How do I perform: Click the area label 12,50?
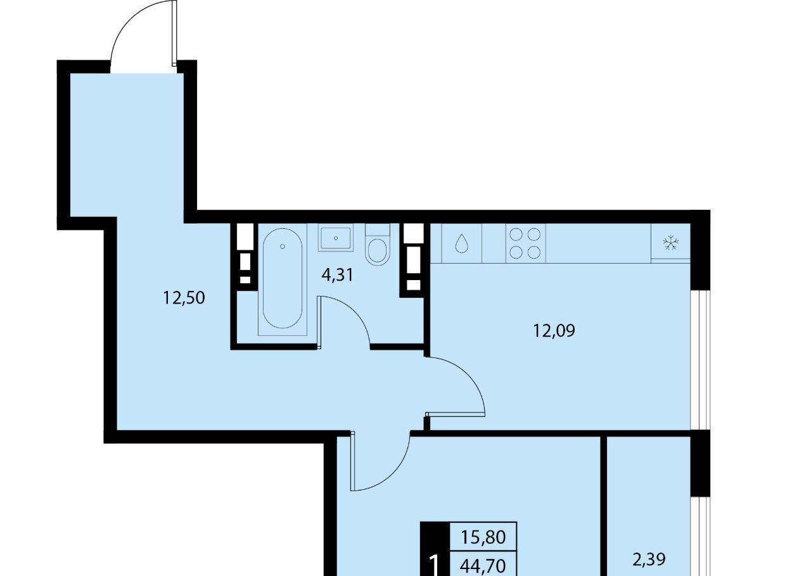coord(184,298)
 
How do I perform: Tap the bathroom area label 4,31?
coord(337,276)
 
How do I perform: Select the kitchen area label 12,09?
coord(554,331)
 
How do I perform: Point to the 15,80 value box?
coord(483,537)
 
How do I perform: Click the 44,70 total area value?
coord(483,565)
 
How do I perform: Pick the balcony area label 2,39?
coord(649,560)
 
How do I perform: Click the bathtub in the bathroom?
coord(283,279)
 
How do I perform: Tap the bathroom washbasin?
coord(336,238)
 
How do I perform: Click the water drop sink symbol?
coord(461,243)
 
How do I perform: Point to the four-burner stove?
coord(525,243)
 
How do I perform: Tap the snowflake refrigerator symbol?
coord(670,243)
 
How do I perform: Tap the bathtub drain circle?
coord(283,246)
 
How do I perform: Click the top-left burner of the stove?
coord(516,235)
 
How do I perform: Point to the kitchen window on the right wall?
coord(700,360)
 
